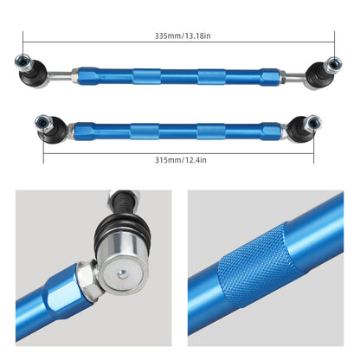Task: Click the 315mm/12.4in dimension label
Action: click(x=179, y=158)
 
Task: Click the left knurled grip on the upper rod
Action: click(x=145, y=76)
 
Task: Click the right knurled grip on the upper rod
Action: click(x=211, y=76)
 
